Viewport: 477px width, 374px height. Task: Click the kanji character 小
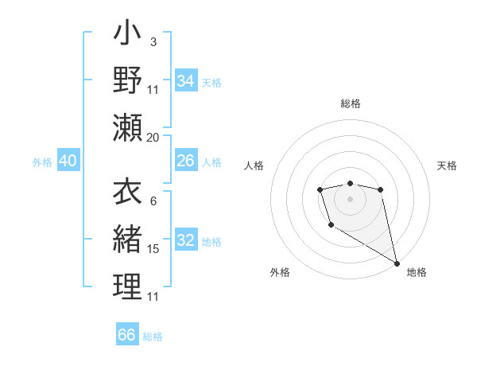(127, 35)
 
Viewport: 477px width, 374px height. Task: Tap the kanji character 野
(127, 80)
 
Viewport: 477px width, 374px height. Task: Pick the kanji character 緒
(127, 240)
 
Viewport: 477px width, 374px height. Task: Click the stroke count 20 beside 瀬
(153, 138)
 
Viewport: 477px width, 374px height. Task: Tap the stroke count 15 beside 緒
(153, 249)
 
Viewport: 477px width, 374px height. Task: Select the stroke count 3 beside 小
(153, 41)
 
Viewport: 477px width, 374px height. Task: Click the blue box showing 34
(186, 81)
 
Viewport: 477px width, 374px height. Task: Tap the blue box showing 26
(186, 161)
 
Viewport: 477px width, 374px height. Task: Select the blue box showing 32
(186, 240)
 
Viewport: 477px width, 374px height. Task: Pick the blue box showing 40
(68, 161)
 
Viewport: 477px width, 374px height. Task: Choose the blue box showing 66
(127, 335)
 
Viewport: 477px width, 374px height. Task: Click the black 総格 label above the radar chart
(351, 103)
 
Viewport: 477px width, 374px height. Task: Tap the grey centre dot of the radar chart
(350, 197)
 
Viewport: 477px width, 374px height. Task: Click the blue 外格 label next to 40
(42, 162)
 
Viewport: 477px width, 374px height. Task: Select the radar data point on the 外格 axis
(331, 225)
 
